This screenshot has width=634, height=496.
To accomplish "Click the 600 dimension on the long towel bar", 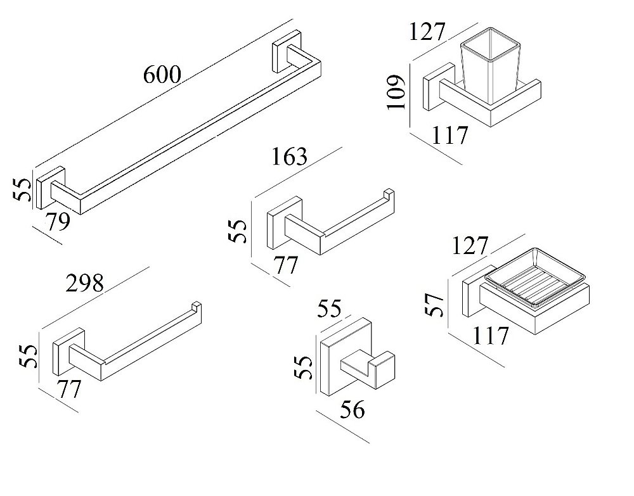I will (x=162, y=75).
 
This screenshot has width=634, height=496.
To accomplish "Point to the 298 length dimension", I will (x=84, y=283).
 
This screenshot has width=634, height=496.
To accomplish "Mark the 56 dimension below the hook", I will (x=352, y=410).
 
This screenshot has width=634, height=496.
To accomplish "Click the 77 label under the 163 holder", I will (x=285, y=265).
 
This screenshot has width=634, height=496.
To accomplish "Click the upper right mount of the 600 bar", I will (x=281, y=54).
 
